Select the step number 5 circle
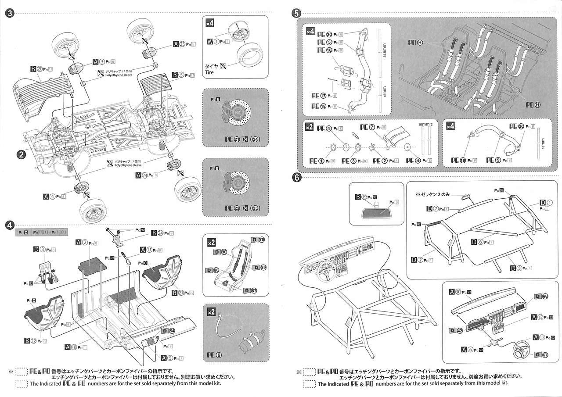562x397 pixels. pos(296,13)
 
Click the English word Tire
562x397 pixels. pos(209,72)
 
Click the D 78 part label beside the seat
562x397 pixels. pos(258,240)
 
